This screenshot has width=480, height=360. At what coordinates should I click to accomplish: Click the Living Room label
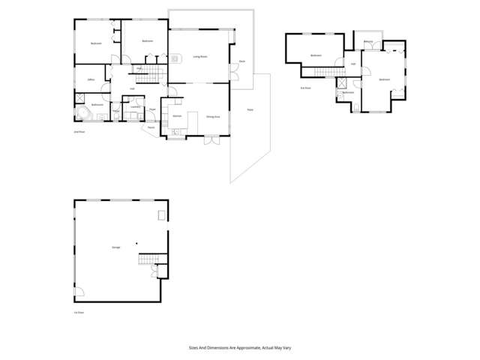(x=199, y=56)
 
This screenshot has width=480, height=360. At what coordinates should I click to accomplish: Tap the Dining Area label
(x=212, y=117)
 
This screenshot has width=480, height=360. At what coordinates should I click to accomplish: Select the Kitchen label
(x=177, y=116)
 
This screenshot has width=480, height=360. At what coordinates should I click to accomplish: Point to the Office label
(x=90, y=79)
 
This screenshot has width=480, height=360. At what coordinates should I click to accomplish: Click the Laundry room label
(x=135, y=108)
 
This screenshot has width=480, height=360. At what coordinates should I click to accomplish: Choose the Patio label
(x=250, y=110)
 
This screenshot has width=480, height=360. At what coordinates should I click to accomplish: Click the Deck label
(x=241, y=61)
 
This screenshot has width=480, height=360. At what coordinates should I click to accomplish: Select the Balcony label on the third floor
(x=368, y=41)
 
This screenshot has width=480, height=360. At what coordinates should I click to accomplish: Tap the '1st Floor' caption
(x=79, y=312)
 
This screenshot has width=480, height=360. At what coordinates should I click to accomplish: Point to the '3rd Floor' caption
(x=305, y=88)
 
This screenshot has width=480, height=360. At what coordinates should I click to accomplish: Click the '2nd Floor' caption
(x=78, y=132)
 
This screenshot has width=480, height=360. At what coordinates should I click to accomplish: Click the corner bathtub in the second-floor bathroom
(x=82, y=114)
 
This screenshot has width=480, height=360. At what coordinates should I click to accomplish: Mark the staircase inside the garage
(x=148, y=260)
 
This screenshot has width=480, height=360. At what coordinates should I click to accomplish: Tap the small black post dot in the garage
(x=136, y=244)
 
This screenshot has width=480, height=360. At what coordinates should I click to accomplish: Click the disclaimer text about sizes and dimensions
(x=239, y=348)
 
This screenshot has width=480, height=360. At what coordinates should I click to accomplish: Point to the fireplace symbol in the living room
(x=174, y=58)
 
